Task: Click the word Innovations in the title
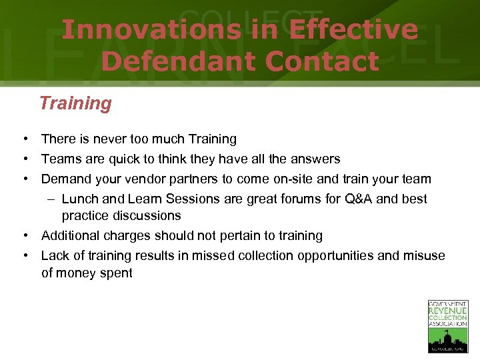151,30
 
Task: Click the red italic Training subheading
75,103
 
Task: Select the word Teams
60,159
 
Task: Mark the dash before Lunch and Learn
52,199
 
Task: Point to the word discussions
147,216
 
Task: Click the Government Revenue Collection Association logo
447,326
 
